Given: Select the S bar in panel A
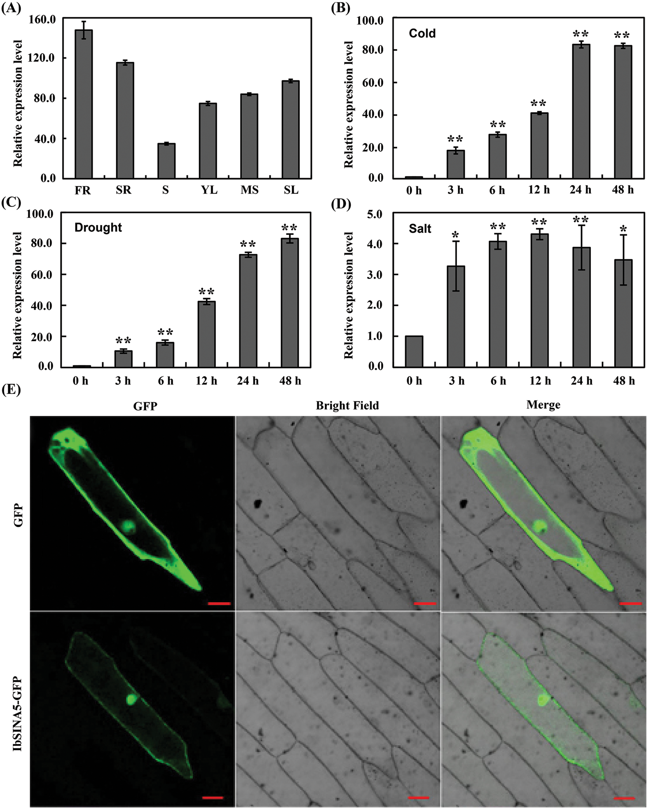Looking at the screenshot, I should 166,161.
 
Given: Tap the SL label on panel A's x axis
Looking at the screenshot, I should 291,190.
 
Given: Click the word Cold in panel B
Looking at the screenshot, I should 422,33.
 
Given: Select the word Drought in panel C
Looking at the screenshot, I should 98,227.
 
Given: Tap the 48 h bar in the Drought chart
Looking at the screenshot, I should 290,302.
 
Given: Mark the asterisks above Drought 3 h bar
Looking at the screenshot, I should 123,341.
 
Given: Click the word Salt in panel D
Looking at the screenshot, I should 420,229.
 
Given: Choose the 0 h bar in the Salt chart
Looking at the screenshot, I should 414,351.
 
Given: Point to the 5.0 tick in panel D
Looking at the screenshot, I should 375,214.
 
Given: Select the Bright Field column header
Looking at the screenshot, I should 347,406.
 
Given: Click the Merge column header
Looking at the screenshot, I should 543,405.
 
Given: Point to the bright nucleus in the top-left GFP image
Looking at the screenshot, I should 129,525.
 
